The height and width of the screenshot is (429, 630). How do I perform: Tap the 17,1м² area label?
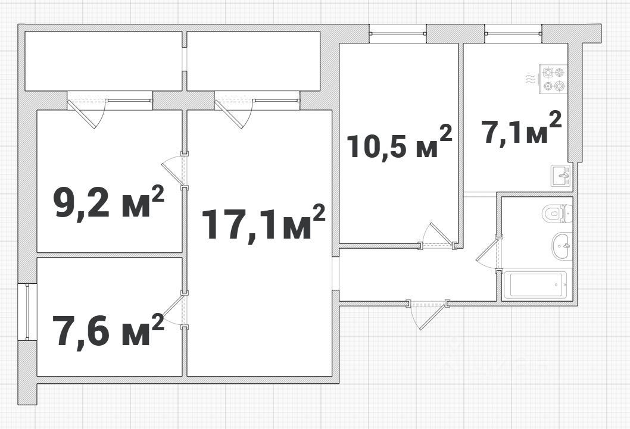264,223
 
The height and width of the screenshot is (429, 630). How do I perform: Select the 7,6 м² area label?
108,328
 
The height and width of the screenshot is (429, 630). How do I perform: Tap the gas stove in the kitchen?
554,79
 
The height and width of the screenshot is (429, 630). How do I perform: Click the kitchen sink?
561,176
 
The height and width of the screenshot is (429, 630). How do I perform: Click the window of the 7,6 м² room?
27,311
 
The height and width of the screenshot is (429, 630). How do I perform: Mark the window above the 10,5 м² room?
397,33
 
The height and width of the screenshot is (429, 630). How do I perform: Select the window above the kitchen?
513,33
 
